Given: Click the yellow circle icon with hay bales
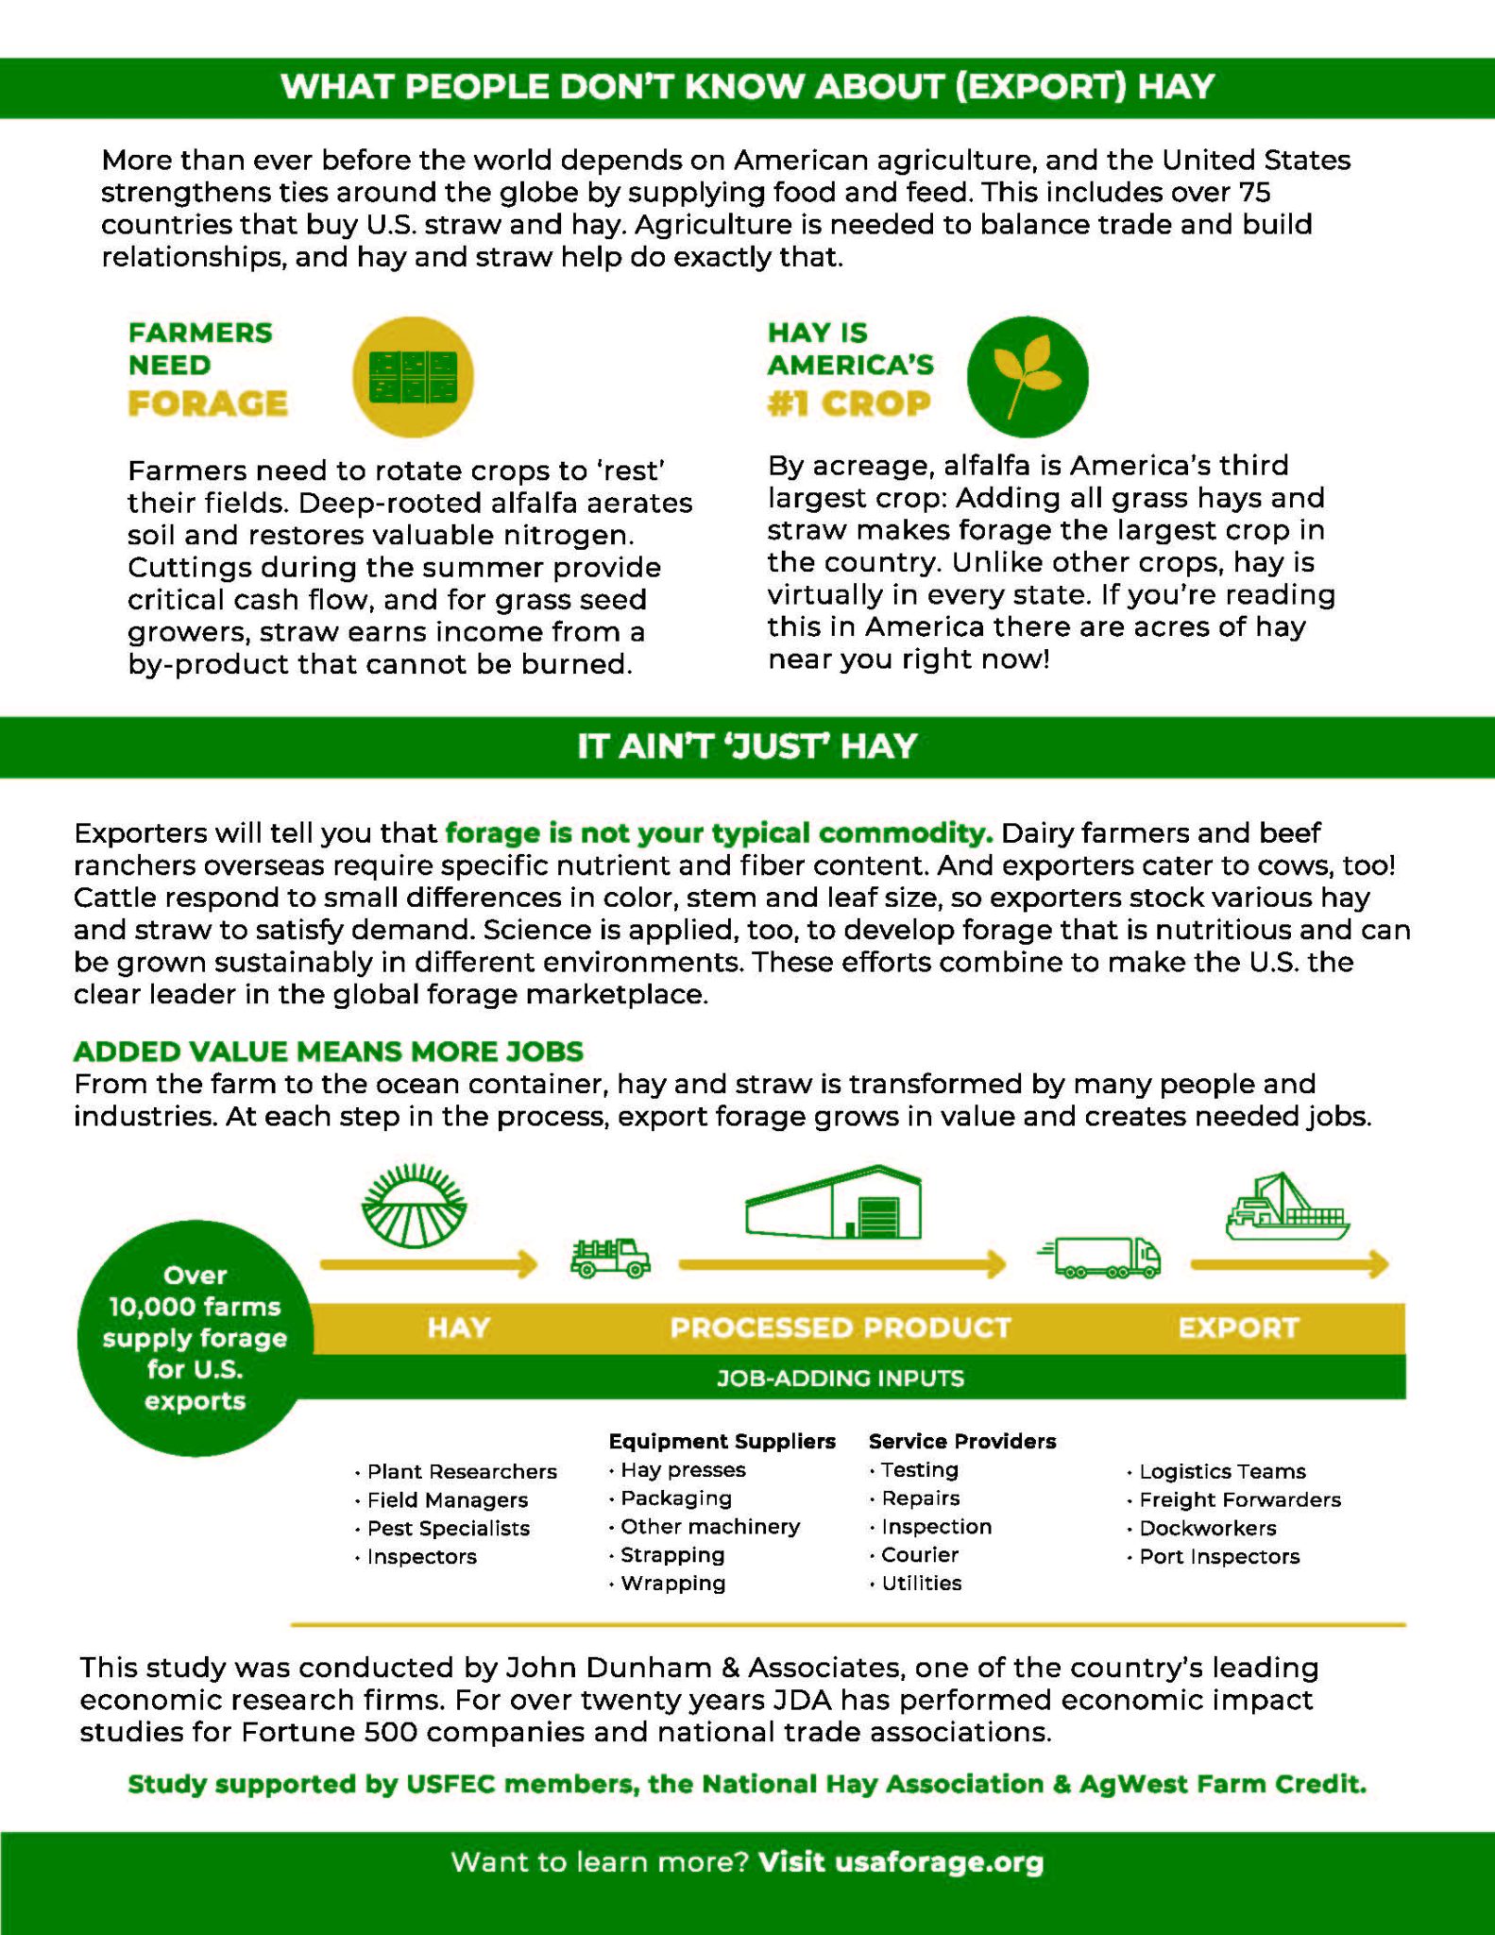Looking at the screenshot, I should click(x=413, y=376).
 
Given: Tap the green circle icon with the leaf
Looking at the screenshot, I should click(x=1028, y=376).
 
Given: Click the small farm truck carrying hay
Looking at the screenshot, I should click(x=610, y=1259).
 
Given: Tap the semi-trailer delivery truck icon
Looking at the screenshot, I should click(x=1101, y=1258).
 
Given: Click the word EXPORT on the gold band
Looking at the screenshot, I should click(x=1238, y=1327).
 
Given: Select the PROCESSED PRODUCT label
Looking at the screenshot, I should click(x=840, y=1327).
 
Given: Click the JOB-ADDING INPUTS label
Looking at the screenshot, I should click(x=840, y=1378).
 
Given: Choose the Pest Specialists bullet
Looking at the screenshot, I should click(x=448, y=1528).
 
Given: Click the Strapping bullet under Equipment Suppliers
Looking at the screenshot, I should click(x=672, y=1554).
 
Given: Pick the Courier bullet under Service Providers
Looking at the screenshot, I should click(x=919, y=1554).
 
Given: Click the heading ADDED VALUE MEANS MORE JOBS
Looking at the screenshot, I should click(x=329, y=1051).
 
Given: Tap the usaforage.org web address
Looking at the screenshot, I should click(x=940, y=1861).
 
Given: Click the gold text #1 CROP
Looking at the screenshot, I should click(x=848, y=403).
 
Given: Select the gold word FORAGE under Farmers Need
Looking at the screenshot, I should click(x=208, y=403).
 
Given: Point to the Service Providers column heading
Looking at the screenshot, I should click(x=961, y=1441).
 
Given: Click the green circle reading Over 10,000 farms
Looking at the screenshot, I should click(x=195, y=1338).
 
